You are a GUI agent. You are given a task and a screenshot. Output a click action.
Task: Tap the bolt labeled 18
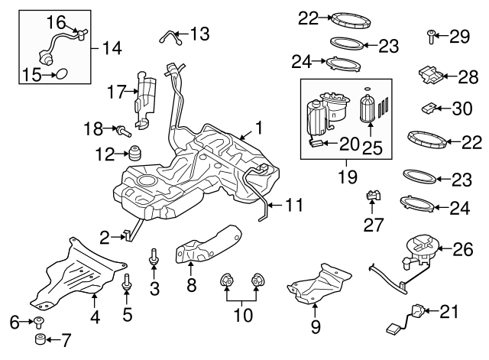pyautogui.click(x=121, y=131)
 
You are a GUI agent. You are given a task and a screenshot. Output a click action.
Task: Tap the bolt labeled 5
pyautogui.click(x=127, y=287)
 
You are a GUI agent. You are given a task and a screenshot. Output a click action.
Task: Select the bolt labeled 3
pyautogui.click(x=155, y=259)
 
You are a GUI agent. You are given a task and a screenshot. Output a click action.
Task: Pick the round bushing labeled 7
pyautogui.click(x=37, y=339)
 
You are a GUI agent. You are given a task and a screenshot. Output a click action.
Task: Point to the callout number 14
pyautogui.click(x=112, y=48)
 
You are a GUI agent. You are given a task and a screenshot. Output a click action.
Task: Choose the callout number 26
pyautogui.click(x=464, y=248)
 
